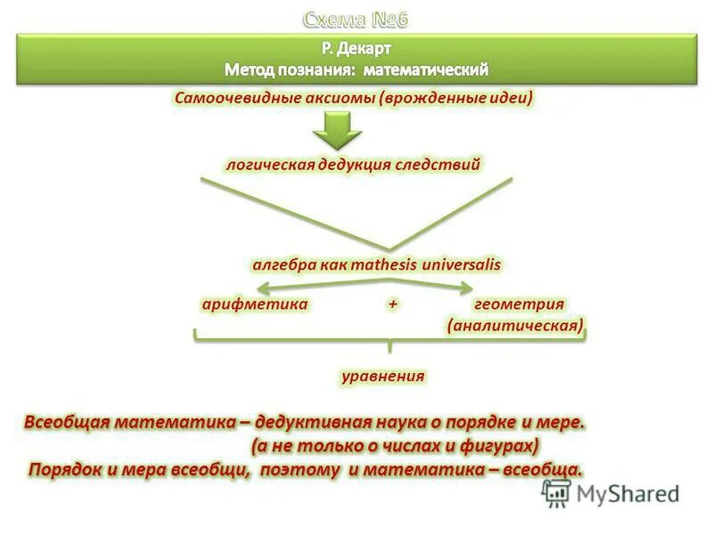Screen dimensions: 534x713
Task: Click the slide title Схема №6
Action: coord(356,19)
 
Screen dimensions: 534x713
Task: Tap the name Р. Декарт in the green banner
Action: coord(356,48)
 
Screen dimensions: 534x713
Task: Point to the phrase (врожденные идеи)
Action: coord(455,97)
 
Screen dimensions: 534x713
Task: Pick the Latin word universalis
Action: coord(461,265)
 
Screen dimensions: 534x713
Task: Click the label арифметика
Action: coord(255,304)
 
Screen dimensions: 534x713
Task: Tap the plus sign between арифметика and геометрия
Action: coord(392,304)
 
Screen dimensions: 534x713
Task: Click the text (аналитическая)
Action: coord(516,326)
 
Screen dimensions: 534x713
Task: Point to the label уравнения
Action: coord(382,376)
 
